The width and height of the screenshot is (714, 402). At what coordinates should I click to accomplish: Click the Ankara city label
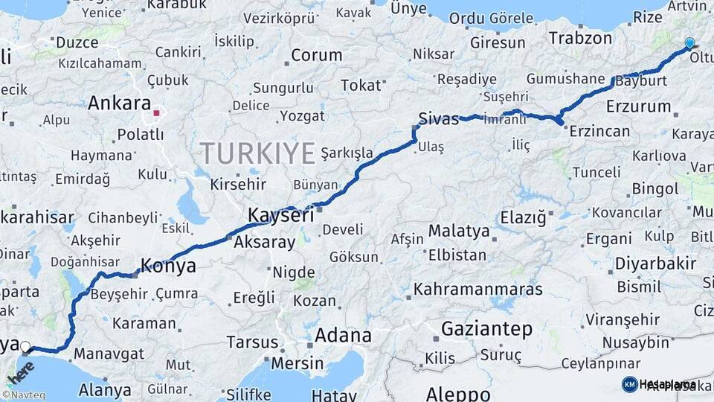tap(119, 103)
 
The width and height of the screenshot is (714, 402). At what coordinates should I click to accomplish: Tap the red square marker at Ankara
tap(156, 114)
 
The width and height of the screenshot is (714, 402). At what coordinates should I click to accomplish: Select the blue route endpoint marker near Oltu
tap(689, 43)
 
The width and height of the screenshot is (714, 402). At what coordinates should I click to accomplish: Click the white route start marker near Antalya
tap(26, 346)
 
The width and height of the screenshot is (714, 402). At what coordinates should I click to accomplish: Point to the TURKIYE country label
tap(257, 153)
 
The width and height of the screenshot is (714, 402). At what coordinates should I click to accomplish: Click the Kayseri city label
tap(280, 216)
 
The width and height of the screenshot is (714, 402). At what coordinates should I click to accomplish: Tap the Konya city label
tap(168, 266)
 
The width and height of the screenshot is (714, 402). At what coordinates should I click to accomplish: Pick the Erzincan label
tap(599, 132)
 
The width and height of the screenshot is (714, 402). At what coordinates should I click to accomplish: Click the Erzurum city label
tap(638, 106)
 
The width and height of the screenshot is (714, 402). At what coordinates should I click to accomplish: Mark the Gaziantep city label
tap(486, 328)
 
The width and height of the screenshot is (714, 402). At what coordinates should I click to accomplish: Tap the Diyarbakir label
tap(657, 263)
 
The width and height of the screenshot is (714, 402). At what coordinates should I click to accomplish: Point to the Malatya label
tap(459, 231)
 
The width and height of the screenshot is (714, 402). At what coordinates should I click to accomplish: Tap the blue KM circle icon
tap(629, 385)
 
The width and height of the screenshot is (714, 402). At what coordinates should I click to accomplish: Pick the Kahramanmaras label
tap(477, 288)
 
